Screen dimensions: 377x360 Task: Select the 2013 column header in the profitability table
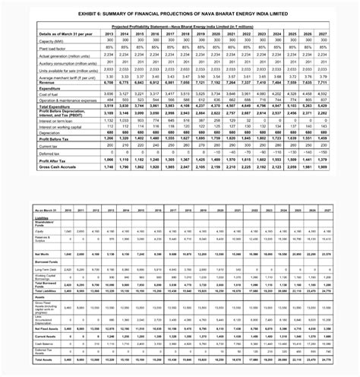point(109,34)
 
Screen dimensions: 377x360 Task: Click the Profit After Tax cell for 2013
point(109,159)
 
